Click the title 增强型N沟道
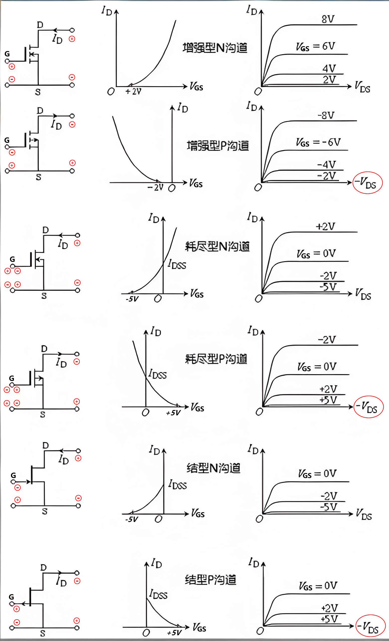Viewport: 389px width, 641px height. [x=215, y=48]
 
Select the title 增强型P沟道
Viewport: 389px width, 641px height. [x=218, y=146]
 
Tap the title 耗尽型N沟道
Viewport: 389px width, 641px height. [x=217, y=246]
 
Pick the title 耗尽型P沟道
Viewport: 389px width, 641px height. [x=216, y=359]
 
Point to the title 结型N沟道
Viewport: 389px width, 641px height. [x=213, y=468]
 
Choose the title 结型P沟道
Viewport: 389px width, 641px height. [x=210, y=580]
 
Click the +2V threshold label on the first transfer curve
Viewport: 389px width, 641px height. [x=133, y=92]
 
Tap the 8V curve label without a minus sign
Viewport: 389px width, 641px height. [x=328, y=19]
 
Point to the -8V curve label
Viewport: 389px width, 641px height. [x=326, y=115]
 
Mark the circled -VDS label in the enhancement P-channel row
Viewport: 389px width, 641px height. [x=368, y=183]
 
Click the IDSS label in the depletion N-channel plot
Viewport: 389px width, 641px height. [x=177, y=265]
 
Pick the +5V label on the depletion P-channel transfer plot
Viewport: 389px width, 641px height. [x=173, y=413]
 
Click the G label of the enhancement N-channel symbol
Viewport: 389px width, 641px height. [x=7, y=54]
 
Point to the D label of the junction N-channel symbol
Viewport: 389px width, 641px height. [x=45, y=445]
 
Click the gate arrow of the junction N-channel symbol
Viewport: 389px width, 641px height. [x=28, y=482]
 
